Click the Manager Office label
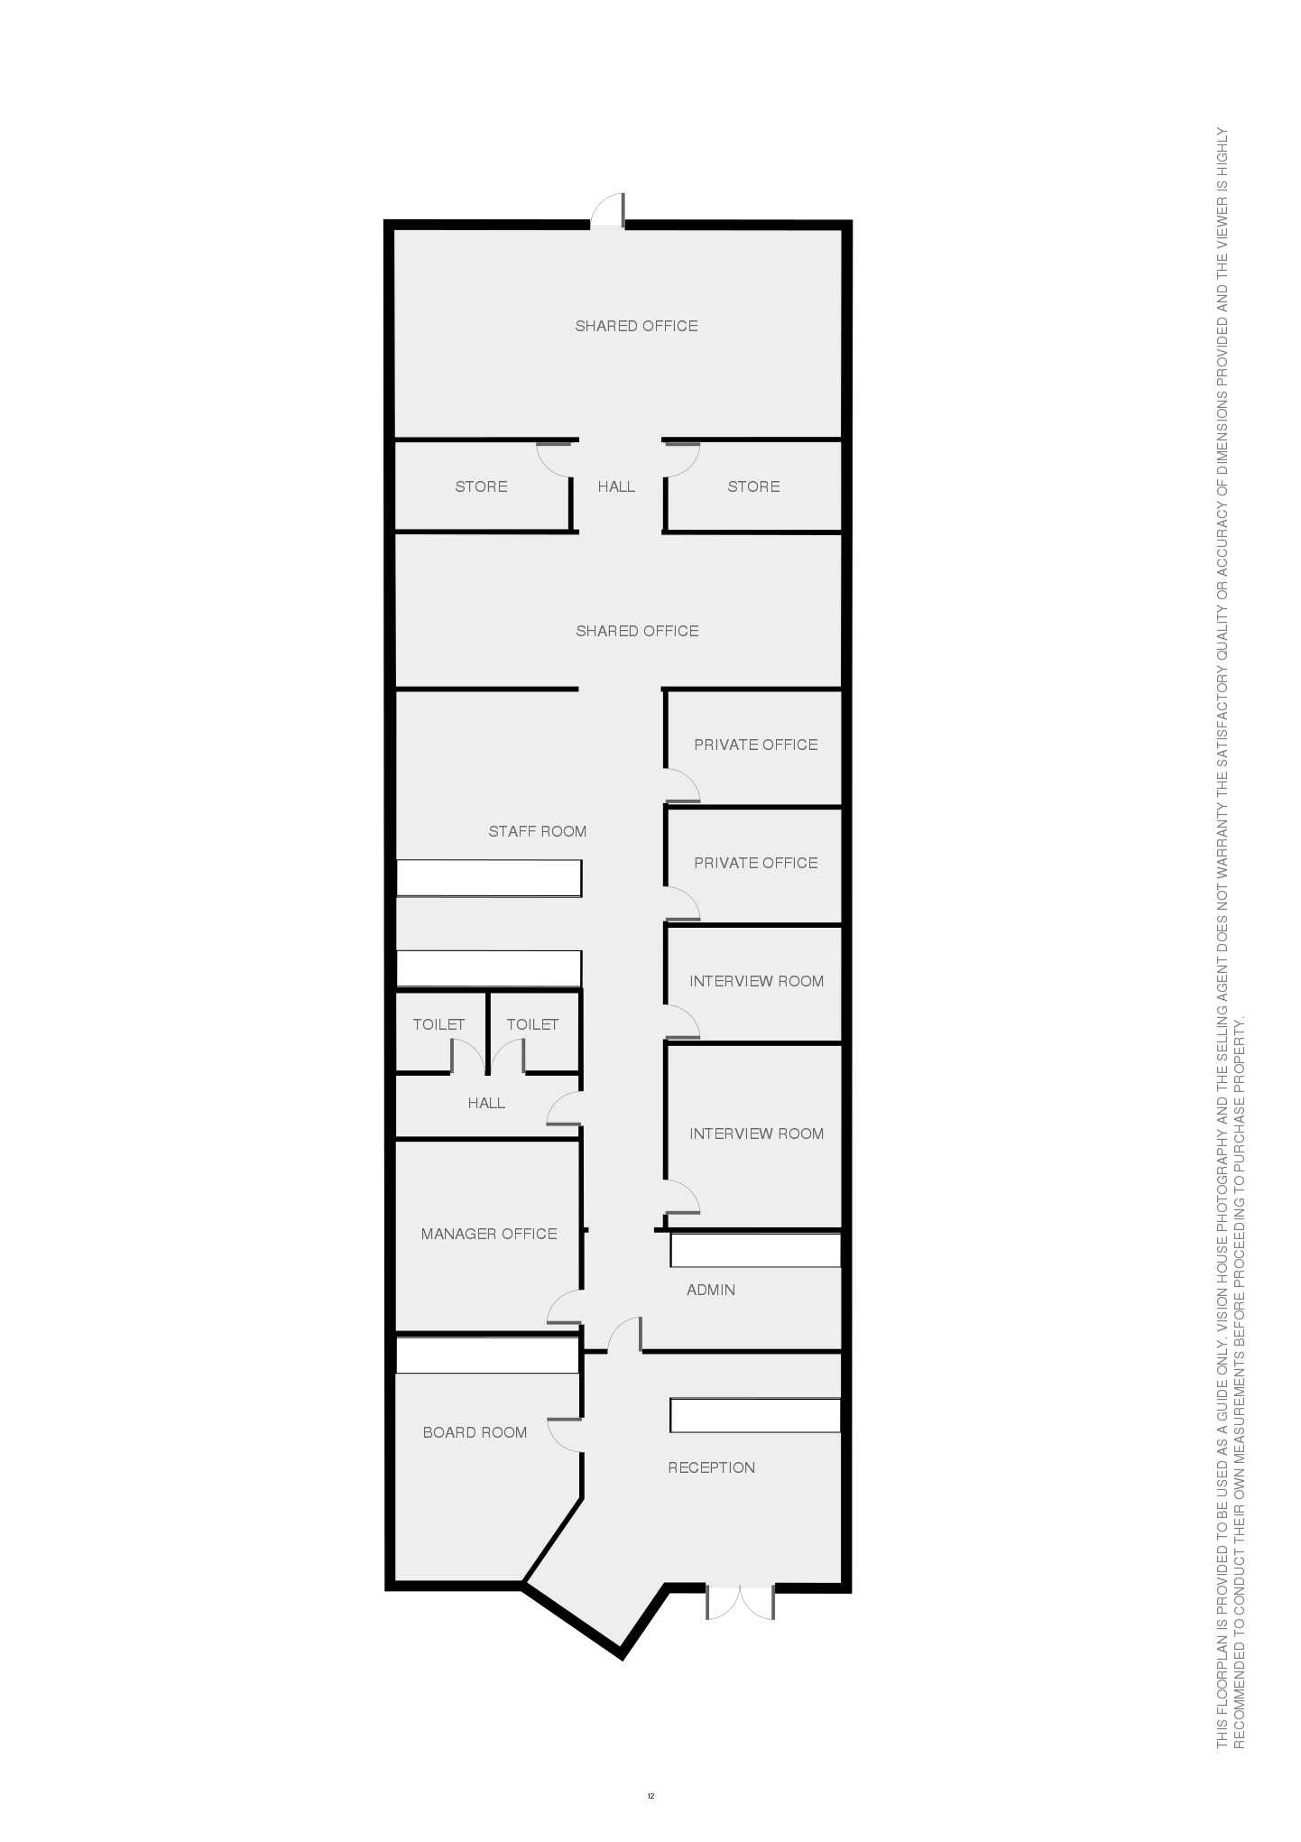[489, 1234]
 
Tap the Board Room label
[475, 1432]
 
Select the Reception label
[712, 1467]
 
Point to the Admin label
[711, 1290]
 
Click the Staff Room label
[538, 831]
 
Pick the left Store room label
[481, 486]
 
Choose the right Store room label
[753, 486]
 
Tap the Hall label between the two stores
[616, 486]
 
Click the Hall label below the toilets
[486, 1103]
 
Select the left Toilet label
[438, 1024]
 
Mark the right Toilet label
[532, 1024]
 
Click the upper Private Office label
[756, 745]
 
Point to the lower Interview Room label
[757, 1134]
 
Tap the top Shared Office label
[637, 326]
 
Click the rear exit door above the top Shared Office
[608, 210]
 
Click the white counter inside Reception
[755, 1415]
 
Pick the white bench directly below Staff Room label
[489, 878]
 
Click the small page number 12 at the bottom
[650, 1796]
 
